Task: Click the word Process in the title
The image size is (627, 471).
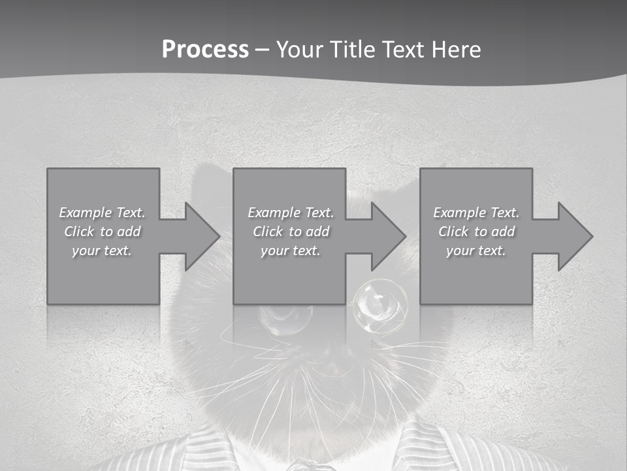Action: pyautogui.click(x=205, y=50)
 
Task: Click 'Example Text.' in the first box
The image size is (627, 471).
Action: pyautogui.click(x=103, y=213)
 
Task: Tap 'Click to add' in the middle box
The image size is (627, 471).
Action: pyautogui.click(x=291, y=232)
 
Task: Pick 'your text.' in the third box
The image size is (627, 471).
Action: pyautogui.click(x=476, y=251)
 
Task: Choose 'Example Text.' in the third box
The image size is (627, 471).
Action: pyautogui.click(x=476, y=213)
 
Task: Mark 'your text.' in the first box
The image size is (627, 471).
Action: pyautogui.click(x=103, y=251)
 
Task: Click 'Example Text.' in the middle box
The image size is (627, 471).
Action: pyautogui.click(x=291, y=213)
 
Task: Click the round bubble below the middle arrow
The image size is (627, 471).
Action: pyautogui.click(x=380, y=303)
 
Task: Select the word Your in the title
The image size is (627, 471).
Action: pyautogui.click(x=298, y=50)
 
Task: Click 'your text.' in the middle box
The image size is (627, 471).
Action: pyautogui.click(x=291, y=251)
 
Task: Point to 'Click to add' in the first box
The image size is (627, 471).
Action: pyautogui.click(x=103, y=232)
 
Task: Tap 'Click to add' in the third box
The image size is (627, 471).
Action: pyautogui.click(x=476, y=232)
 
